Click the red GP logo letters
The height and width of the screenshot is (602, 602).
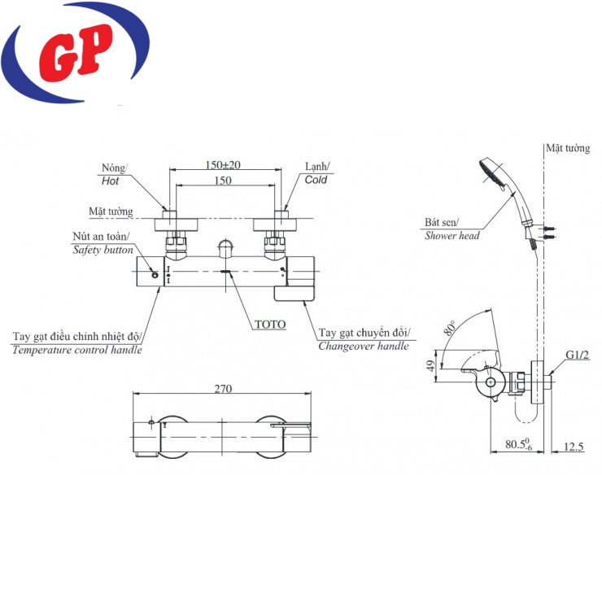pyautogui.click(x=76, y=53)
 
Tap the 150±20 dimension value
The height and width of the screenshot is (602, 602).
pyautogui.click(x=223, y=165)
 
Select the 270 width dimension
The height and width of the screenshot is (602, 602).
pyautogui.click(x=223, y=389)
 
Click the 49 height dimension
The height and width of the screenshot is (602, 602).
pyautogui.click(x=431, y=366)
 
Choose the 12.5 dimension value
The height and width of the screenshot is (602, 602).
pyautogui.click(x=574, y=447)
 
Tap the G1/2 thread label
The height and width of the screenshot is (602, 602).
pyautogui.click(x=577, y=355)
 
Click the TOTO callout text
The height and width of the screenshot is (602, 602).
pyautogui.click(x=270, y=325)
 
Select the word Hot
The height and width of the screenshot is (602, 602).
pyautogui.click(x=110, y=181)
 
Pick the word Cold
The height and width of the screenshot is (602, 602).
pyautogui.click(x=316, y=180)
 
